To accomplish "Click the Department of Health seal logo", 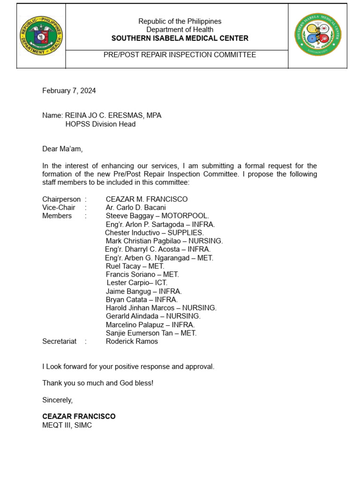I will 41,36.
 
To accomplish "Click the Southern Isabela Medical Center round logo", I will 317,35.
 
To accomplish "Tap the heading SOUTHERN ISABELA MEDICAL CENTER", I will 180,38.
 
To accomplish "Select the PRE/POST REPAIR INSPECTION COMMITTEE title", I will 180,55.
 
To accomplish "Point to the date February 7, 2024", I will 69,91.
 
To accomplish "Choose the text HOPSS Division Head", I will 100,124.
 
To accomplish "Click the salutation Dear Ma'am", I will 62,149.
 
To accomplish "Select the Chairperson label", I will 61,199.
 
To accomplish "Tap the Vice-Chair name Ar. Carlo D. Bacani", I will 135,208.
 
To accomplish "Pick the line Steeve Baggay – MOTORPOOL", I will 157,216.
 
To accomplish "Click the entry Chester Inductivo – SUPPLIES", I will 154,232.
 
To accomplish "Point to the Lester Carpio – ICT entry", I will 137,283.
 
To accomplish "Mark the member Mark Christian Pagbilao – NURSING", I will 164,241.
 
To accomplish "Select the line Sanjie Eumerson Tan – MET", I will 151,333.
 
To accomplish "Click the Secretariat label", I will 60,341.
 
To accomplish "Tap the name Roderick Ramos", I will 132,341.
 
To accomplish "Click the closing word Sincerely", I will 58,400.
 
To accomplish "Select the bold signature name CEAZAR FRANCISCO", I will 79,416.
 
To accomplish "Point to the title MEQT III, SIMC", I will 67,425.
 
